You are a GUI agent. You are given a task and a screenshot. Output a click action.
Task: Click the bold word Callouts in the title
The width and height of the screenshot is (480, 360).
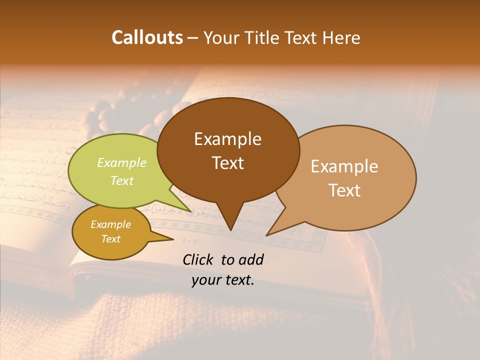[x=147, y=37]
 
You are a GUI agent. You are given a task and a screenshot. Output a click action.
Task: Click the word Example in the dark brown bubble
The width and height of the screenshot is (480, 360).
[x=227, y=139]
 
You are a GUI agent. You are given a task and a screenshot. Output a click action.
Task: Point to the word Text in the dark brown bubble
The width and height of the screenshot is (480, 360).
[x=227, y=163]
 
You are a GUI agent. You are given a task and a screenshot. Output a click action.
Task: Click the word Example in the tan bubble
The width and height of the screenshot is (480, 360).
[x=344, y=166]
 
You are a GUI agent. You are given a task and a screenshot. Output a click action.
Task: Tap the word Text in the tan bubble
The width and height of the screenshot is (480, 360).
[x=344, y=190]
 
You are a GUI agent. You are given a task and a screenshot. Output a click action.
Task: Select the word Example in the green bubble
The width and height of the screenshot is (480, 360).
[x=122, y=163]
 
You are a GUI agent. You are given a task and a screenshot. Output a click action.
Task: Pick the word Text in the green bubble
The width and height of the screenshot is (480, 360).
[x=122, y=180]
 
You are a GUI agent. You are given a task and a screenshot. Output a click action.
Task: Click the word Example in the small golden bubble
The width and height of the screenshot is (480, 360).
[x=110, y=224]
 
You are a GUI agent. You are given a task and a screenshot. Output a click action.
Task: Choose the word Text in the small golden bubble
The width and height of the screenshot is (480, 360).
[x=110, y=239]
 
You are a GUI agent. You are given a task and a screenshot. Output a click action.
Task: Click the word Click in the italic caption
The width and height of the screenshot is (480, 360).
[x=199, y=259]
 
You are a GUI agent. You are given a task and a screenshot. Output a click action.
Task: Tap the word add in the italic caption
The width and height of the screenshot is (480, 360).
[x=251, y=259]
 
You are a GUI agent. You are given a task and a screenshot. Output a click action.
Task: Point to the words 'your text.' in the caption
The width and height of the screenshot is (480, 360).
[x=223, y=280]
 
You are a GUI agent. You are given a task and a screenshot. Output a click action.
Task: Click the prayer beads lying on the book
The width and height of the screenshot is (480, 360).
[x=115, y=112]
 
